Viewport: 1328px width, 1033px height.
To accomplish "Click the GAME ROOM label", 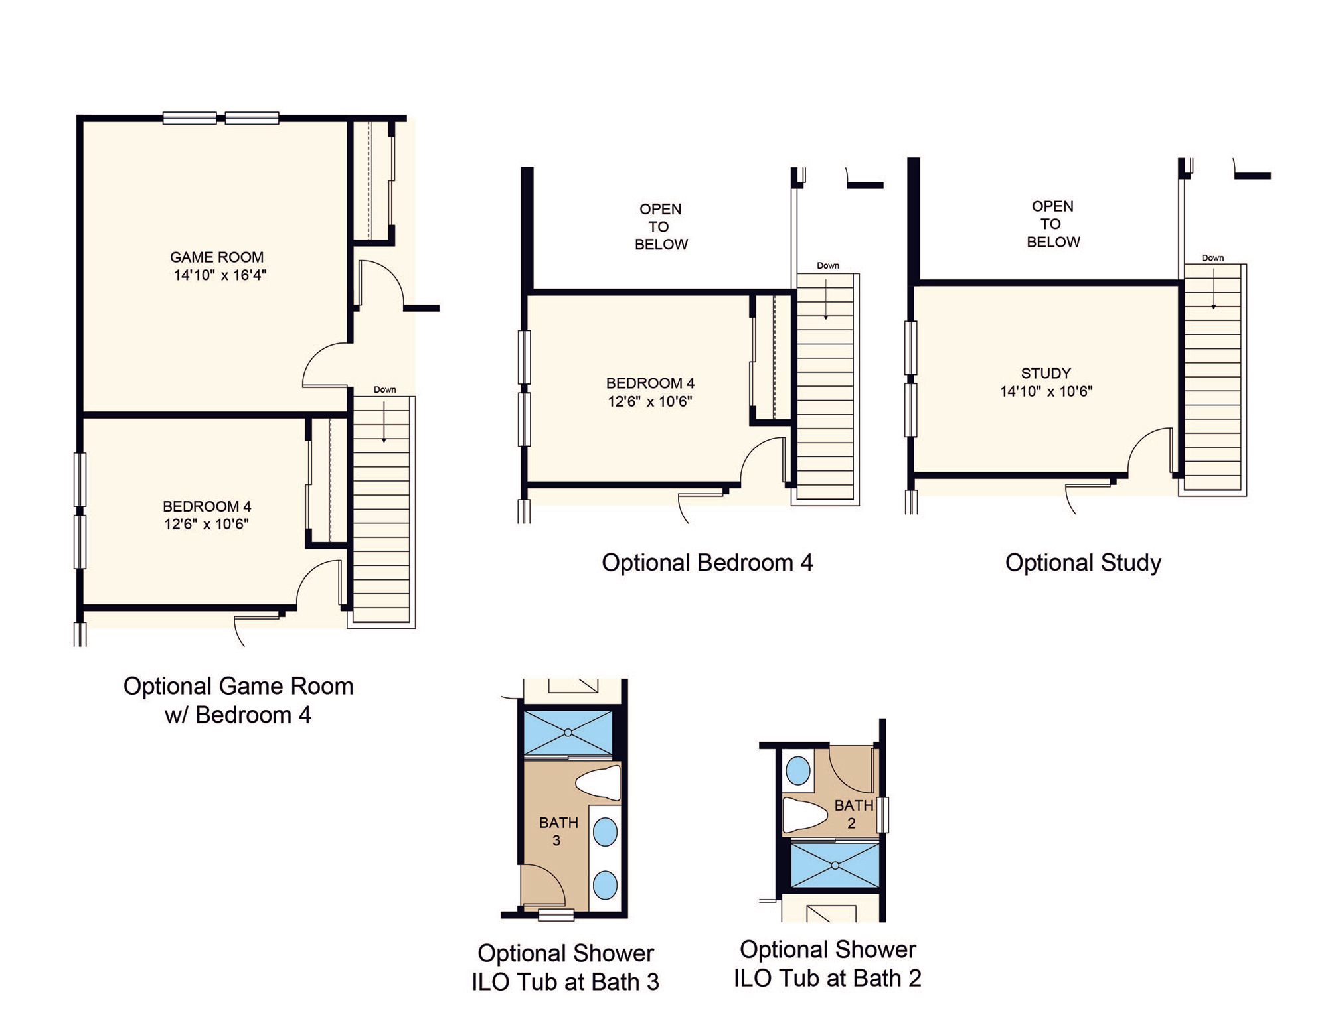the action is click(x=216, y=257).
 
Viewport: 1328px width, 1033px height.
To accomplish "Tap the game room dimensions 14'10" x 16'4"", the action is click(x=220, y=275).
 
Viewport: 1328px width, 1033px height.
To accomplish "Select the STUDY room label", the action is click(x=1046, y=374).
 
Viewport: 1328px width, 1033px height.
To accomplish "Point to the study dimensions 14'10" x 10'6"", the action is click(x=1046, y=391).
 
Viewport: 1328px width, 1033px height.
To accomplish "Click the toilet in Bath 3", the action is click(x=598, y=783).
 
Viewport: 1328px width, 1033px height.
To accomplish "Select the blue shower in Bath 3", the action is click(x=568, y=732).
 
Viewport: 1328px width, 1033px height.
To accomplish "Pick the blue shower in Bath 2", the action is click(x=835, y=865).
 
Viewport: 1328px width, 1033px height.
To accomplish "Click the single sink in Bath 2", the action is click(x=797, y=772).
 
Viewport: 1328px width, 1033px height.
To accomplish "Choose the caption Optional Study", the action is click(x=1083, y=563).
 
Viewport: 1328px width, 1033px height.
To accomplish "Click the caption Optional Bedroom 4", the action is click(x=707, y=563).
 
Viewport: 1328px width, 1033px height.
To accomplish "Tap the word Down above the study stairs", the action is click(x=1212, y=258).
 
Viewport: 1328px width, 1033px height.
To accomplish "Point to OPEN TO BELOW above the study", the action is click(x=1053, y=224).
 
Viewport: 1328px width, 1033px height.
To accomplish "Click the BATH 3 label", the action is click(x=558, y=831).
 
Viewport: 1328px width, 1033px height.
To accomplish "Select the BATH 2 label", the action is click(x=853, y=814).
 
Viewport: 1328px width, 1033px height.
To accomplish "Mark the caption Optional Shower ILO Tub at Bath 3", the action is click(x=566, y=967).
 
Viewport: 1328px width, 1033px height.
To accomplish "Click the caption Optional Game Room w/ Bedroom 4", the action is click(x=238, y=701).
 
